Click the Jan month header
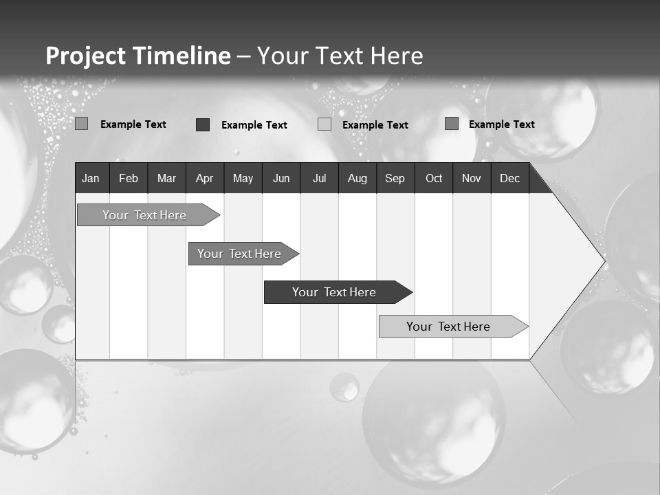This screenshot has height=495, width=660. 91,178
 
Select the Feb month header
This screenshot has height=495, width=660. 129,178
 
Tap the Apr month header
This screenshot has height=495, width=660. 204,178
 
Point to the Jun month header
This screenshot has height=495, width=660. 281,178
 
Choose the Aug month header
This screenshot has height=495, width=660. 357,178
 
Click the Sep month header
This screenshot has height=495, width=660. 395,178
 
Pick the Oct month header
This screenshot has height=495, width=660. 434,178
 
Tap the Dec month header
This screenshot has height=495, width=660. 509,178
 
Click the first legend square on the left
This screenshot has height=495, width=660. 82,124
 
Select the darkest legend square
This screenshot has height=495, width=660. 203,124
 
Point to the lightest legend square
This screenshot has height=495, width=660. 324,124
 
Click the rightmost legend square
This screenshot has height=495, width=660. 452,124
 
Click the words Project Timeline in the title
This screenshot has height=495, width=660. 138,56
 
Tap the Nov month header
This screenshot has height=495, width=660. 472,178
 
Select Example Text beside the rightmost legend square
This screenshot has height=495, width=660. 501,124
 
